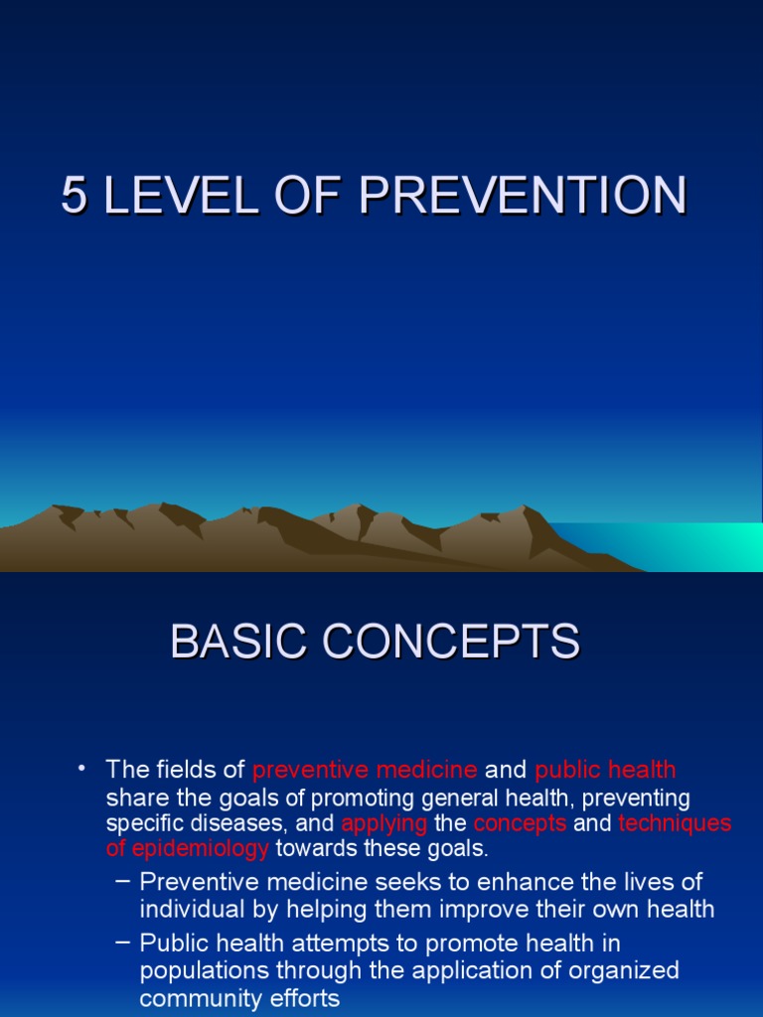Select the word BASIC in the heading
tap(230, 642)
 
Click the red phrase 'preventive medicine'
tap(365, 770)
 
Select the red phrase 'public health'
tap(605, 770)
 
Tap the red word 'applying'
tap(384, 823)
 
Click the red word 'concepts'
tap(520, 823)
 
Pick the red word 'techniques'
tap(675, 823)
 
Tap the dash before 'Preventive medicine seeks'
tap(122, 882)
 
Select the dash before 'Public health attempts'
tap(122, 942)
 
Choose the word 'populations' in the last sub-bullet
tap(202, 970)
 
